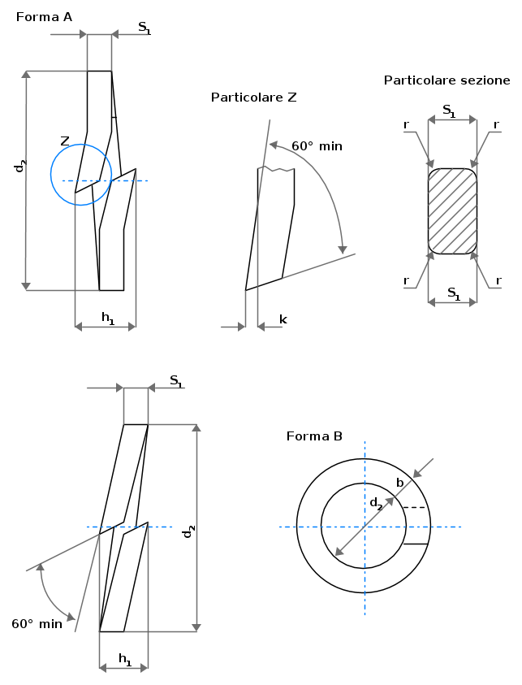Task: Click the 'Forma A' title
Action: pos(44,17)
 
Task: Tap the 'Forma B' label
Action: pos(314,436)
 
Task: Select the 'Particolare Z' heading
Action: pos(253,97)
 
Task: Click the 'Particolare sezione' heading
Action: pos(447,80)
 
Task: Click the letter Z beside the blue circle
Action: pos(65,141)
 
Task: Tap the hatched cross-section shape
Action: pos(452,211)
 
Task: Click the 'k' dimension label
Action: pos(283,320)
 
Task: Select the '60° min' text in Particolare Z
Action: pos(317,146)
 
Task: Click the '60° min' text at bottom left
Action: pos(37,624)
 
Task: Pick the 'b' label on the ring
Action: pos(399,483)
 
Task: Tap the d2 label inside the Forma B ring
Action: pos(376,504)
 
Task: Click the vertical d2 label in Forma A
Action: pos(20,166)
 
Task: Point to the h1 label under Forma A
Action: pos(108,318)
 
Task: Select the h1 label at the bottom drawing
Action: pos(125,660)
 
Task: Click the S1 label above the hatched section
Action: pos(449,111)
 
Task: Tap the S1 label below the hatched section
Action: pos(454,293)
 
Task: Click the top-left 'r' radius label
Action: pos(407,125)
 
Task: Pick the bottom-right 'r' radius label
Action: pos(498,280)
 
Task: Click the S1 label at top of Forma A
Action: pos(145,28)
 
